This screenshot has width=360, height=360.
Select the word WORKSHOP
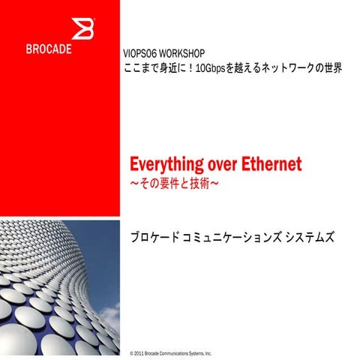(x=184, y=55)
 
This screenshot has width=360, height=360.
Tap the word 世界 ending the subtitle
(x=332, y=68)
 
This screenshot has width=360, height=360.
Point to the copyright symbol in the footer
(x=131, y=352)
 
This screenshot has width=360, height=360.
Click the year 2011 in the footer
(x=139, y=352)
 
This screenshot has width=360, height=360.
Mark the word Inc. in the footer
(x=208, y=352)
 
